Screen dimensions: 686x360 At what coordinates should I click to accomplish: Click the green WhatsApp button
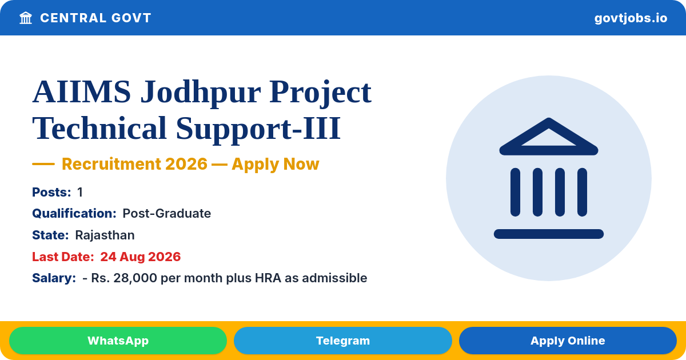click(x=118, y=341)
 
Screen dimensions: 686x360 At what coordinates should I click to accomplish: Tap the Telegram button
click(x=342, y=341)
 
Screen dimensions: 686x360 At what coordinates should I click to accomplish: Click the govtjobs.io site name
click(x=631, y=18)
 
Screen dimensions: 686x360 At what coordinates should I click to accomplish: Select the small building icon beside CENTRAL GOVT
click(x=26, y=18)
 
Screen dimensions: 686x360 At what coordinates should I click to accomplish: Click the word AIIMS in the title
click(x=82, y=91)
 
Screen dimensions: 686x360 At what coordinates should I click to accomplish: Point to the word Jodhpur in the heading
click(x=201, y=93)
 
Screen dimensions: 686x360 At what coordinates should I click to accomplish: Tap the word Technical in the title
click(x=99, y=127)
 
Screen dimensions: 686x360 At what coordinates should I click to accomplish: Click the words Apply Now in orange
click(x=276, y=165)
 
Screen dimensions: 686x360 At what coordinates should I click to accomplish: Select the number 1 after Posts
click(x=80, y=192)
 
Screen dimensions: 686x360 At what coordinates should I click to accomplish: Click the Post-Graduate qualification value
click(x=166, y=213)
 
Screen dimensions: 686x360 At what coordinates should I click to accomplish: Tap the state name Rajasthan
click(x=105, y=235)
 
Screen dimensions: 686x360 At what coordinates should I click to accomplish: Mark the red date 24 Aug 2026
click(x=140, y=257)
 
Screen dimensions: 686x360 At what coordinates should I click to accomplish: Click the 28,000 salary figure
click(x=135, y=278)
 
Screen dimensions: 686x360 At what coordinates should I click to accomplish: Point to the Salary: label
click(x=54, y=278)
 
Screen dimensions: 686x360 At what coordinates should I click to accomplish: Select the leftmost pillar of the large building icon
click(x=515, y=192)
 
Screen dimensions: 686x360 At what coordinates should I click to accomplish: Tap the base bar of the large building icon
click(x=548, y=234)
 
